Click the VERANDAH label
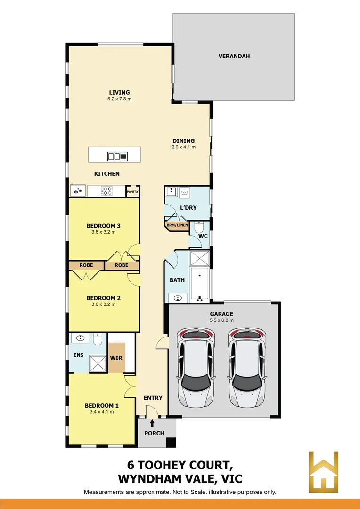[234, 56]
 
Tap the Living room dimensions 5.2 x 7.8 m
[119, 99]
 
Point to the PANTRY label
[132, 192]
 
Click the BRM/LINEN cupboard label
[177, 225]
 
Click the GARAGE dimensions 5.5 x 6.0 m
[221, 320]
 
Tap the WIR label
[116, 358]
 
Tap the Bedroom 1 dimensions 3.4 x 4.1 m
[101, 412]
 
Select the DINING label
[183, 140]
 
